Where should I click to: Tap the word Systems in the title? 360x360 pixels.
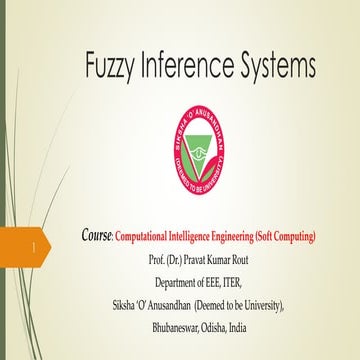point(279,67)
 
